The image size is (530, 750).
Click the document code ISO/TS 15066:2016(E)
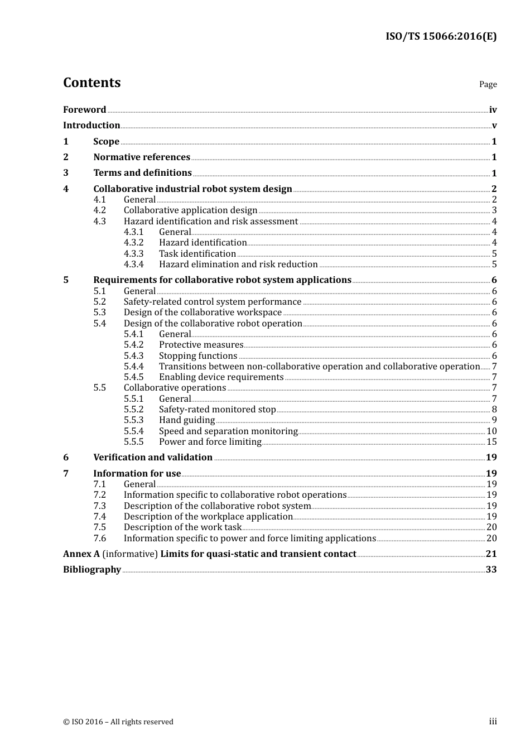pyautogui.click(x=441, y=37)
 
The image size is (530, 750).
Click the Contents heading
pyautogui.click(x=91, y=83)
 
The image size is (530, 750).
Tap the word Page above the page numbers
pyautogui.click(x=488, y=84)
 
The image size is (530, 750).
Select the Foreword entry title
pyautogui.click(x=84, y=110)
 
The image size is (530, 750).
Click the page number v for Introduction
pyautogui.click(x=494, y=126)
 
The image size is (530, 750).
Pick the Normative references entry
pyautogui.click(x=142, y=157)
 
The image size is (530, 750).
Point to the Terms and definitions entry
pyautogui.click(x=142, y=173)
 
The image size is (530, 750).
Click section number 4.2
pyautogui.click(x=99, y=210)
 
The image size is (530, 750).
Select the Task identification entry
pyautogui.click(x=197, y=254)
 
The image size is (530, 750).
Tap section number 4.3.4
pyautogui.click(x=133, y=265)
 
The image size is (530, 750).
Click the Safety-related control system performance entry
pyautogui.click(x=212, y=302)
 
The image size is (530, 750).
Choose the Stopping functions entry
pyautogui.click(x=198, y=356)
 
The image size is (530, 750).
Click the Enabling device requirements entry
pyautogui.click(x=221, y=377)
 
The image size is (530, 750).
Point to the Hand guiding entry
pyautogui.click(x=186, y=420)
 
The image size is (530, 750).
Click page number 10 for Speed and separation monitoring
pyautogui.click(x=492, y=431)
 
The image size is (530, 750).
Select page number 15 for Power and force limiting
pyautogui.click(x=492, y=442)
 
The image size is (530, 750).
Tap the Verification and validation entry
pyautogui.click(x=153, y=458)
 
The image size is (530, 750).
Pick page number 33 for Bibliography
pyautogui.click(x=491, y=570)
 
